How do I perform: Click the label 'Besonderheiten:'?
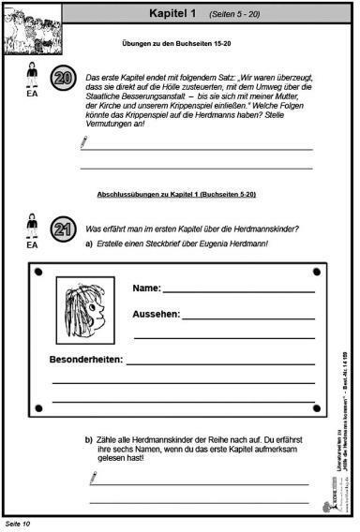pyautogui.click(x=85, y=360)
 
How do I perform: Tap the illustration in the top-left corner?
pyautogui.click(x=30, y=26)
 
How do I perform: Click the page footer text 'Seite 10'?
pyautogui.click(x=19, y=521)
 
